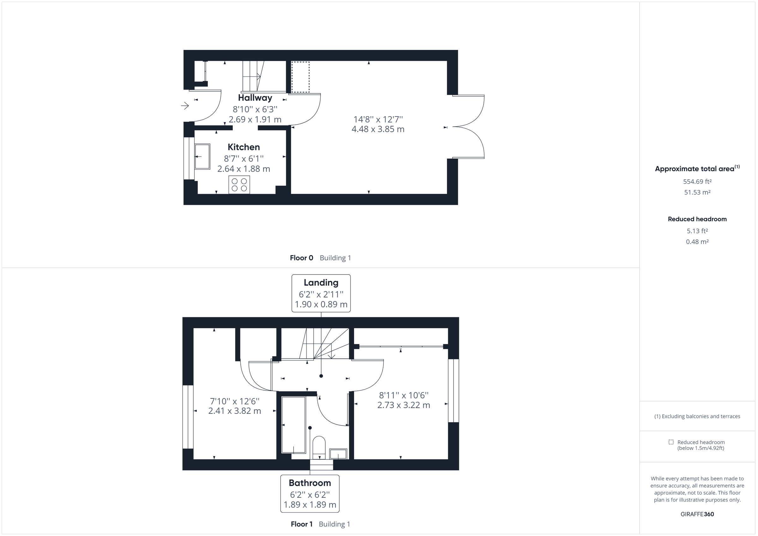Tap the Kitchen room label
244,147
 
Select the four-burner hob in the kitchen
239,184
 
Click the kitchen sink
202,157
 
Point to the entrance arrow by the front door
185,106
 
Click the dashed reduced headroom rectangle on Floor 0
300,77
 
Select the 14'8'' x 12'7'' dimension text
378,119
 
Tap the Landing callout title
321,283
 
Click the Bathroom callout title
310,483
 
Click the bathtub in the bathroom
293,425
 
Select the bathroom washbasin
338,454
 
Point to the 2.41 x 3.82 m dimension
234,411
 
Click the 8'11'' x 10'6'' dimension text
403,395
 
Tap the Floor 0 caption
301,258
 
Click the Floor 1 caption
301,524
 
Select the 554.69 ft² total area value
697,182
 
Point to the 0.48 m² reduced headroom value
697,241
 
